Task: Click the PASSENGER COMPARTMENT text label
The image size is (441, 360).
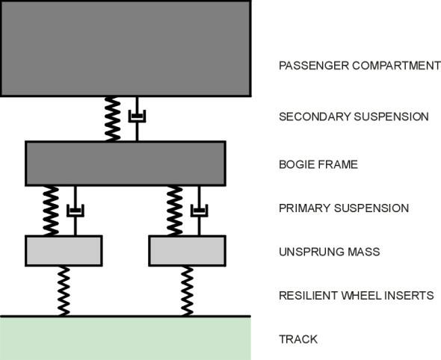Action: [359, 65]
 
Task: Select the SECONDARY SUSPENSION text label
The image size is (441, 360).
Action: [353, 117]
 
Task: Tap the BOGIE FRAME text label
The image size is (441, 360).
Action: [318, 164]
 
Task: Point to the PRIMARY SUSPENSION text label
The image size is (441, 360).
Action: [343, 208]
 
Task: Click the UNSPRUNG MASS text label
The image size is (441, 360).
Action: [329, 252]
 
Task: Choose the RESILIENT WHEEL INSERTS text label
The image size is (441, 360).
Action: [356, 296]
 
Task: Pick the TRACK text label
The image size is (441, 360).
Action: [298, 339]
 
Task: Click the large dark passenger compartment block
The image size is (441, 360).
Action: [125, 47]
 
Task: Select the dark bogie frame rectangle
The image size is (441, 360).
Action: [126, 163]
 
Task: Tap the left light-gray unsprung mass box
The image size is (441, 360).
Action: [64, 251]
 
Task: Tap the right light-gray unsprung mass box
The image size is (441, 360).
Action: [187, 251]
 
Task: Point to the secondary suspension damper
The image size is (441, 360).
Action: [137, 117]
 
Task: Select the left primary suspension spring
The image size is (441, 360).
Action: [52, 211]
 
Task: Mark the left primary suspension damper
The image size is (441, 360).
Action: [74, 211]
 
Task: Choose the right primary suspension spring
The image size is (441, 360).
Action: [175, 211]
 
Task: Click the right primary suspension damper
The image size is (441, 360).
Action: [198, 211]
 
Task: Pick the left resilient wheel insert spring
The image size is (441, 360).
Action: [64, 291]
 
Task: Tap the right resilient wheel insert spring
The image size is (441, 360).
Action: [187, 291]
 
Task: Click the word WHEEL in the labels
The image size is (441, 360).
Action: [359, 296]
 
